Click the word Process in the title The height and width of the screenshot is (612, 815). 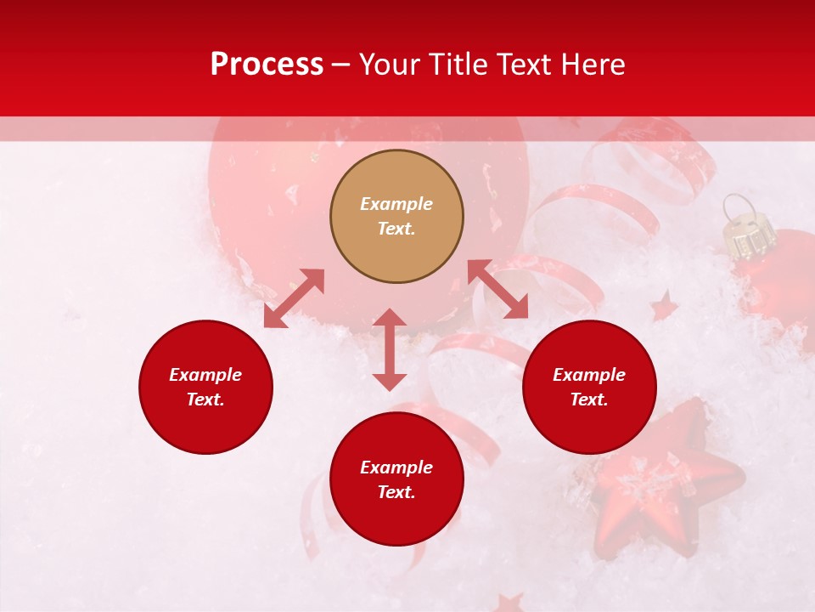click(267, 65)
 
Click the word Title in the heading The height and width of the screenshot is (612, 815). click(458, 65)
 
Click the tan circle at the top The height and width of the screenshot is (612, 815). click(396, 255)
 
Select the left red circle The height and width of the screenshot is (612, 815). click(205, 425)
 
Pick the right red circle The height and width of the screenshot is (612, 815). click(589, 425)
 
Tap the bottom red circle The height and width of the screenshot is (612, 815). click(396, 518)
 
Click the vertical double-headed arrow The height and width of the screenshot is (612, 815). click(390, 349)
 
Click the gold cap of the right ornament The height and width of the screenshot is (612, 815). click(750, 237)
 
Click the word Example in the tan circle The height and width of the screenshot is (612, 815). click(396, 204)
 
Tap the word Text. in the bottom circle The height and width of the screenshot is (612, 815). click(396, 492)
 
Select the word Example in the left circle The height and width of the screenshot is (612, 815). click(205, 375)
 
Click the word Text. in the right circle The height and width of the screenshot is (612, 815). click(589, 399)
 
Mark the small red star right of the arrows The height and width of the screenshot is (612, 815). click(664, 306)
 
